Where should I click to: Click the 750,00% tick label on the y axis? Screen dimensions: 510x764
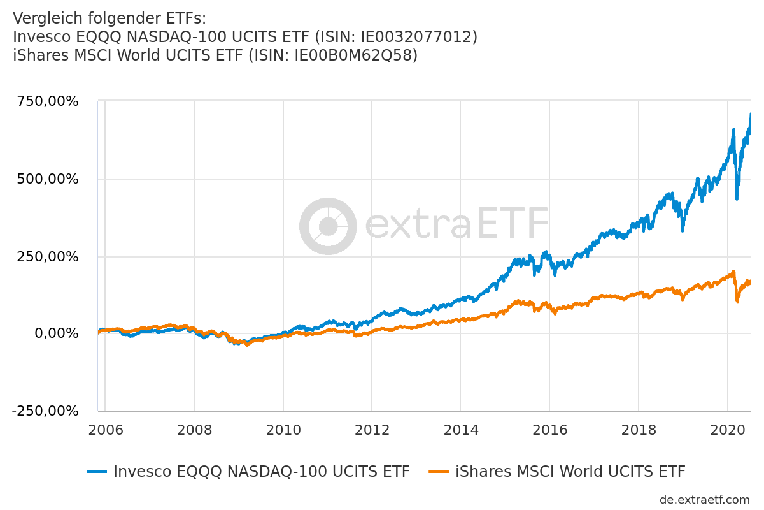[x=46, y=102]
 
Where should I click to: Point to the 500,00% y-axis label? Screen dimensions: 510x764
[x=46, y=179]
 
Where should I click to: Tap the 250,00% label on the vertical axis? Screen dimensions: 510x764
[x=46, y=257]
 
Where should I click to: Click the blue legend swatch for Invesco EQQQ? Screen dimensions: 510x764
[x=97, y=472]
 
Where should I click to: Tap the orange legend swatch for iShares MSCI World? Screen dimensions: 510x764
[x=439, y=472]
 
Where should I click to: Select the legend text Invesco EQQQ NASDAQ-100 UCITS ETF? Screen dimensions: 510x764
[x=261, y=472]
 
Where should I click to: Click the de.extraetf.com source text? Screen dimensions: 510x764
[x=705, y=500]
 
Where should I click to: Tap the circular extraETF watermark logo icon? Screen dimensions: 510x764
[x=328, y=226]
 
